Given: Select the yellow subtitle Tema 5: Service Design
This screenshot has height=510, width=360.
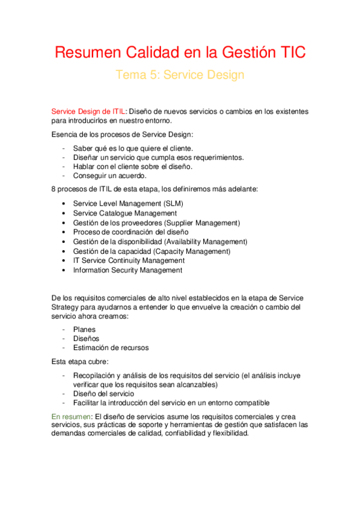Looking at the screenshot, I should [x=180, y=75].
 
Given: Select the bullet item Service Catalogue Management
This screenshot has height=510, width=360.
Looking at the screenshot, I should [x=125, y=213].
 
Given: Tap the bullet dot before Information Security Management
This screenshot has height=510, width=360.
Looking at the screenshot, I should [x=64, y=271].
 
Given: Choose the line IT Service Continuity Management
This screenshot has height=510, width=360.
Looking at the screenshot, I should [x=129, y=261].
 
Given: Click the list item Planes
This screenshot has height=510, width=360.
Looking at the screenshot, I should [x=84, y=329].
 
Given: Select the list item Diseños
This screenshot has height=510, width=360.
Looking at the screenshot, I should [x=87, y=338].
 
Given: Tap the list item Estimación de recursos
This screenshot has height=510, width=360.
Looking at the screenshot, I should [x=111, y=348].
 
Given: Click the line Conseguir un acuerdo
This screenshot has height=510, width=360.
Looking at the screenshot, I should [x=109, y=176].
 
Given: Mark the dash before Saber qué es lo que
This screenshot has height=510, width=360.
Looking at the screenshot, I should [x=64, y=148].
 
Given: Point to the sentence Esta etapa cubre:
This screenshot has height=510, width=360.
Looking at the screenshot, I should [x=81, y=362].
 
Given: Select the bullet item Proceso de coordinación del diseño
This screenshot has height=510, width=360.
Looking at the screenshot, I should [x=130, y=232].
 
